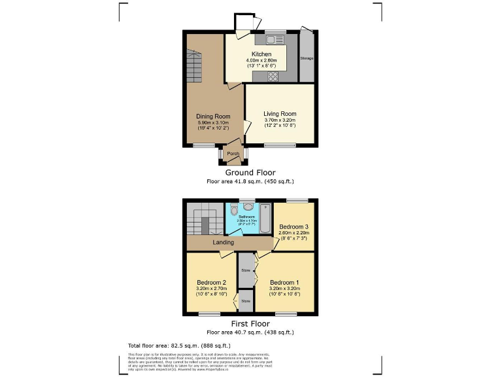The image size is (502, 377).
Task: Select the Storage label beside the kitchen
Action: tap(307, 58)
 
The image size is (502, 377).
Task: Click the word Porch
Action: tap(232, 154)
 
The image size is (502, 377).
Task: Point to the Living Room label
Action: tap(280, 114)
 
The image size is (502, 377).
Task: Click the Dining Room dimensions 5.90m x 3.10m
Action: tap(213, 123)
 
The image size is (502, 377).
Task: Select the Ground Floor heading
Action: tap(250, 173)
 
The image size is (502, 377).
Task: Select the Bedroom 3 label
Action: tap(293, 226)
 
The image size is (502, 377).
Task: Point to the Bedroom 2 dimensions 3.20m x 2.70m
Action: tap(211, 289)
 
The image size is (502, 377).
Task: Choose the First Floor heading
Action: tap(250, 324)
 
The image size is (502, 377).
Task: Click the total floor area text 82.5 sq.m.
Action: tap(178, 345)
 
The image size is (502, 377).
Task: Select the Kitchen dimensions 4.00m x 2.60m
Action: tap(261, 60)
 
